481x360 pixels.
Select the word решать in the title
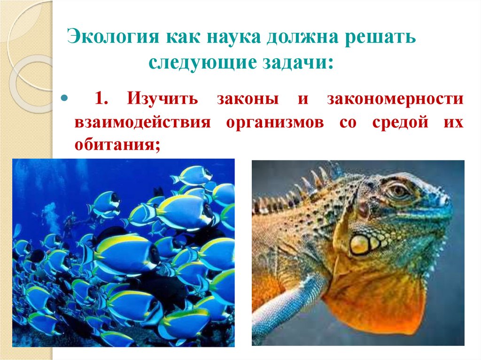pos(382,37)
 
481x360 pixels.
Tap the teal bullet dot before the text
pos(64,100)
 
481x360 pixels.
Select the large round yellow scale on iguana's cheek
pos(359,244)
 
